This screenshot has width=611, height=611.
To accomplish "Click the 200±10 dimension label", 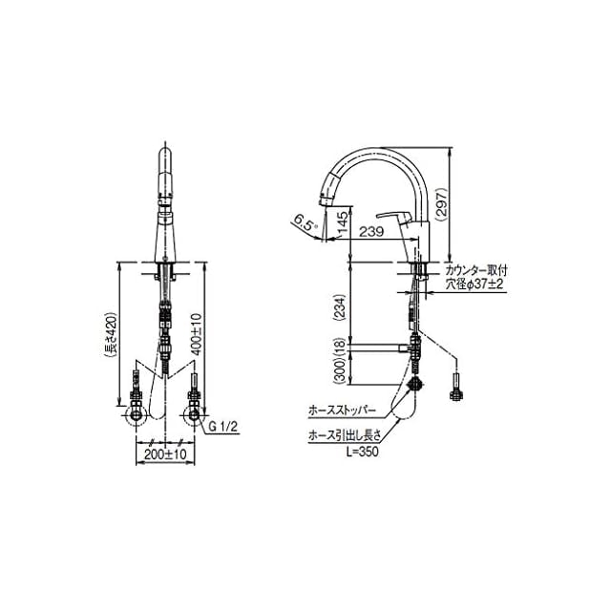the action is tap(165, 454).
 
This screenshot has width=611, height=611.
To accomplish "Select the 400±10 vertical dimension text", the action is tap(198, 333).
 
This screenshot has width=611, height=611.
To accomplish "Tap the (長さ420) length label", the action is tap(111, 334).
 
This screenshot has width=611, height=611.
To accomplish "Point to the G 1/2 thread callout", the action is tap(222, 427).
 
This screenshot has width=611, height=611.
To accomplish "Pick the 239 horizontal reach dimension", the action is tap(371, 231).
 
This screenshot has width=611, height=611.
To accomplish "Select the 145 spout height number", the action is tap(343, 225).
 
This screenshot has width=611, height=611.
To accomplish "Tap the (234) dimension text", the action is tap(339, 307).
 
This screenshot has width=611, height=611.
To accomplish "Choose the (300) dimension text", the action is tap(339, 371).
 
